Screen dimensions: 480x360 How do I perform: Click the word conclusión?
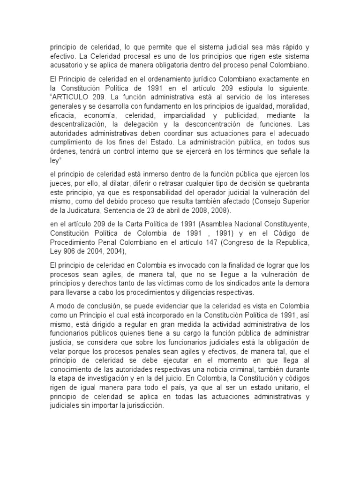coord(101,306)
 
